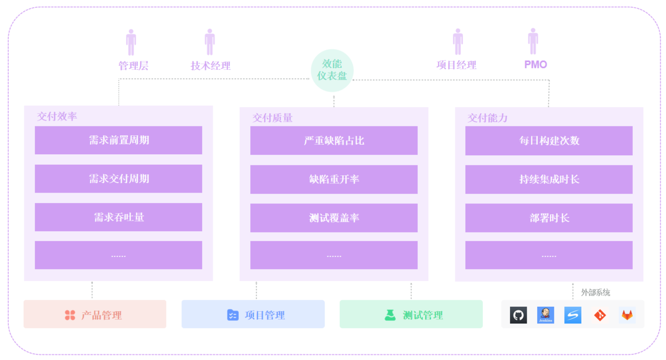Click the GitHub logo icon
point(518,315)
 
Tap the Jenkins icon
point(546,315)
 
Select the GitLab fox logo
point(627,315)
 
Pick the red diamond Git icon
point(600,315)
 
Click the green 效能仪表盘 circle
point(332,70)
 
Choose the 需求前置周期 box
point(118,140)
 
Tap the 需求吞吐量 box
point(118,217)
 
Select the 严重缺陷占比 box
point(334,141)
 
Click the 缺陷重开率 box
point(334,179)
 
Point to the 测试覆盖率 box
point(334,218)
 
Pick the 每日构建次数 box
point(549,141)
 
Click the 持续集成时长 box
point(549,179)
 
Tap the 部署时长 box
point(549,218)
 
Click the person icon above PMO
point(533,42)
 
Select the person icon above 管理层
point(131,43)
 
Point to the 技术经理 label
point(210,66)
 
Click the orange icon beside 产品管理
point(70,315)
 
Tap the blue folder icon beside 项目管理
point(233,315)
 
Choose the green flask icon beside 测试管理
point(390,315)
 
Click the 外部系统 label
point(596,292)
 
